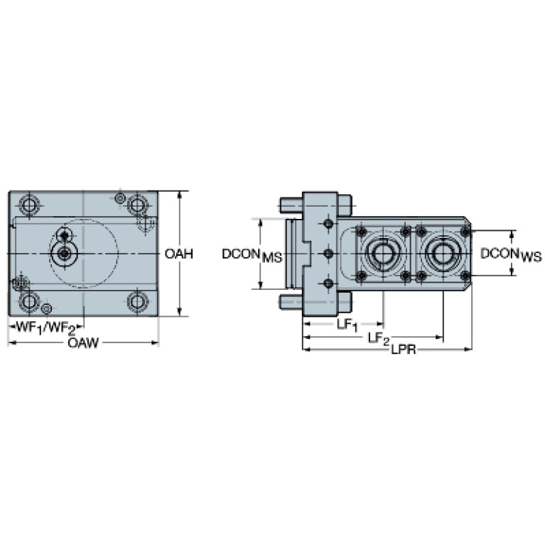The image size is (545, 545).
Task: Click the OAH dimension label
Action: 178,254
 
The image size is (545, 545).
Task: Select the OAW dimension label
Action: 83,343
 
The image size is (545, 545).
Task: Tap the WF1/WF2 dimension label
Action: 46,328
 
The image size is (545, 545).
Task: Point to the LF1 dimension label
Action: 347,325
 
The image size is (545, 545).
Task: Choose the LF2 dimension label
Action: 379,338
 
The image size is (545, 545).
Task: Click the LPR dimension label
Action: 404,350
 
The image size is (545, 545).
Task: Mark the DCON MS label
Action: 252,255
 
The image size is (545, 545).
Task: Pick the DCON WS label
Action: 511,254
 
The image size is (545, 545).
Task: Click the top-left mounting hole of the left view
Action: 29,205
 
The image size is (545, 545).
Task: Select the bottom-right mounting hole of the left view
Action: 138,301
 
